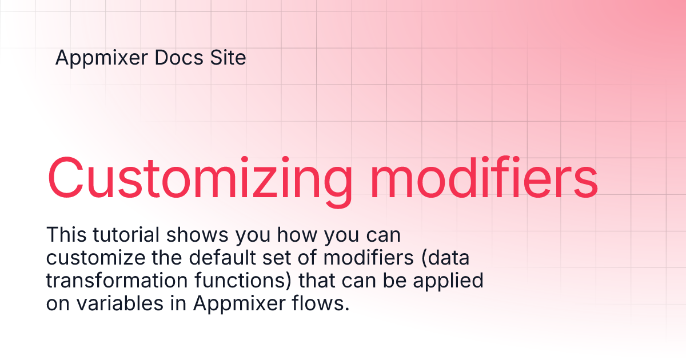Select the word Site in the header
click(x=228, y=58)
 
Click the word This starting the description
click(x=66, y=234)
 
